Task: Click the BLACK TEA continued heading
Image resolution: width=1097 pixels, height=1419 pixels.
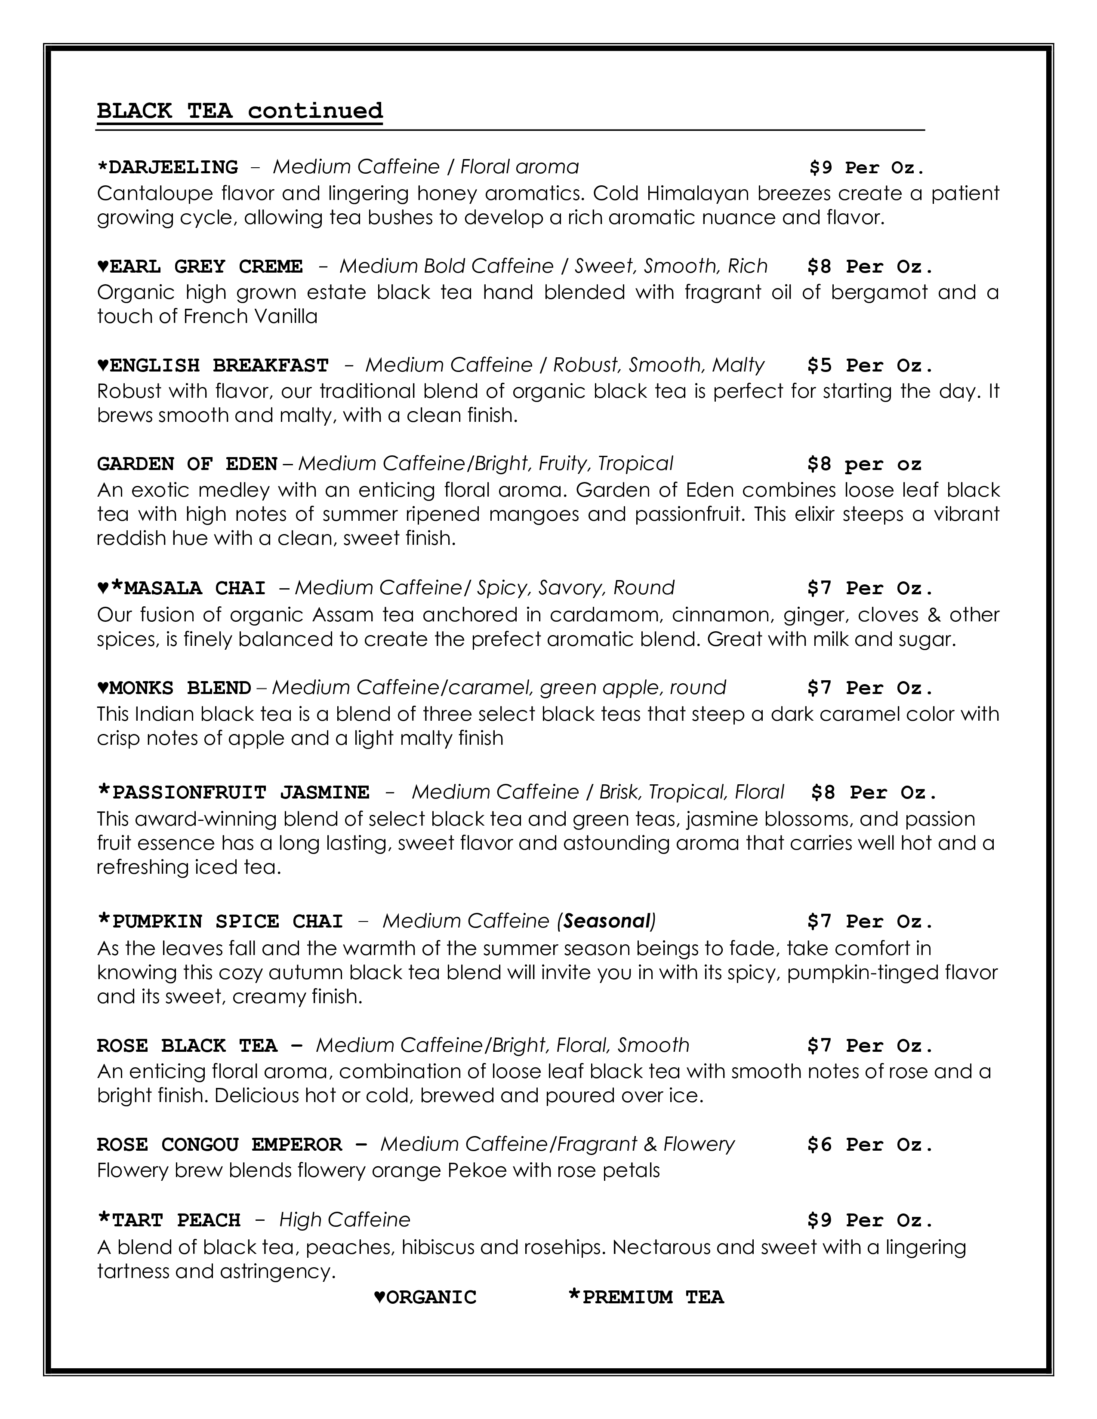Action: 240,111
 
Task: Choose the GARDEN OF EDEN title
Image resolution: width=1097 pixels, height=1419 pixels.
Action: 187,464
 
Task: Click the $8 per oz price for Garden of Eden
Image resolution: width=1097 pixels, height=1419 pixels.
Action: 864,464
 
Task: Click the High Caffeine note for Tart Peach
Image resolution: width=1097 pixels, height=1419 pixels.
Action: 345,1220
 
